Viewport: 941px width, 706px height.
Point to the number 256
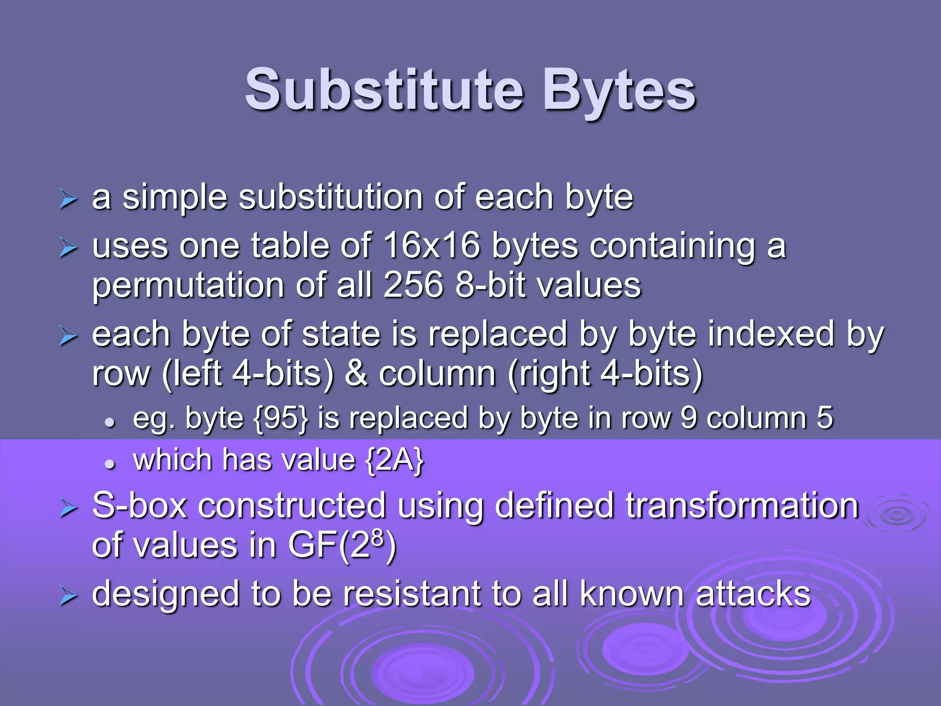tap(413, 285)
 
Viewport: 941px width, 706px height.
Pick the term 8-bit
tap(490, 285)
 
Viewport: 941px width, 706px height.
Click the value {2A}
tap(394, 460)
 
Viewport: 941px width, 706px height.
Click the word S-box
tap(139, 506)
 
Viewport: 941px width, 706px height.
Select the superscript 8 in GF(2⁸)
tap(377, 536)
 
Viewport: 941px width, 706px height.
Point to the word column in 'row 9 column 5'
tap(756, 418)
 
